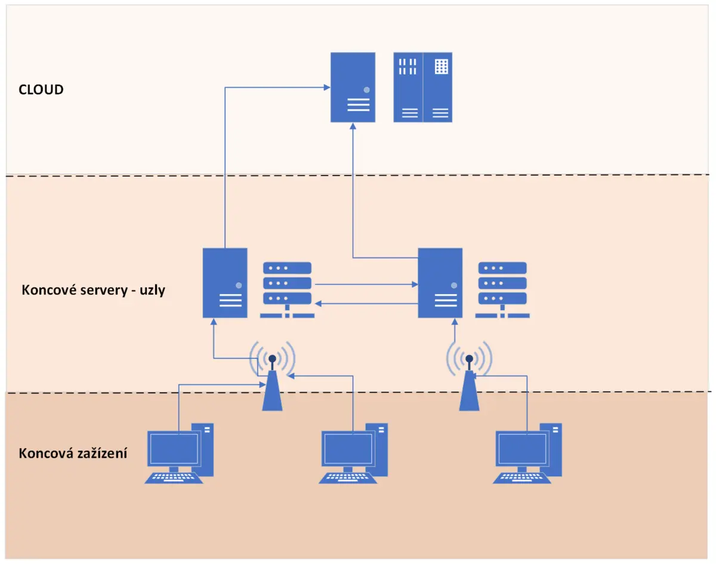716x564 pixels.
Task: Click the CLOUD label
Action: coord(41,90)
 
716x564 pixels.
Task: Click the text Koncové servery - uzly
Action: coord(93,291)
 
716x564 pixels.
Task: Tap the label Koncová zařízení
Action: coord(73,453)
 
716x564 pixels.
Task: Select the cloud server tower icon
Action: coord(353,87)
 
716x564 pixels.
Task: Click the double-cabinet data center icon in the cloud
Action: coord(422,87)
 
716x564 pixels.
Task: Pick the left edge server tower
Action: coord(225,283)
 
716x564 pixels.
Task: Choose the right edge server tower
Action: coord(440,283)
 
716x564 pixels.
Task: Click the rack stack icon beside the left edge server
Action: coord(286,289)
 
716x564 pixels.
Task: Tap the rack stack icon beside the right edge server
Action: coord(502,289)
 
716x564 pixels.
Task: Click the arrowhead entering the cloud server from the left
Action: coord(328,88)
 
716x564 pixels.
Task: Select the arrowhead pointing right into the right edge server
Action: coord(415,285)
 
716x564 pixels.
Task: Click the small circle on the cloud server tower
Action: coord(366,90)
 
